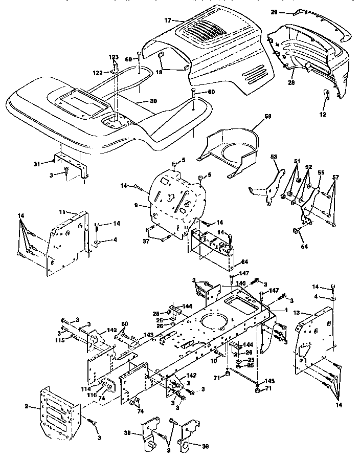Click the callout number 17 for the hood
pos(167,20)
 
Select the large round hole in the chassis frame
pos(213,323)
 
